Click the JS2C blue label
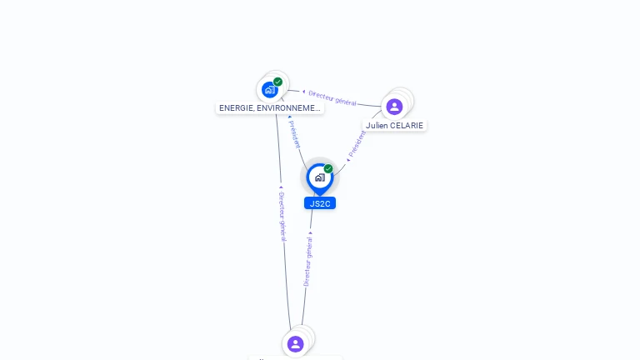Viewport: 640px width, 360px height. pyautogui.click(x=319, y=203)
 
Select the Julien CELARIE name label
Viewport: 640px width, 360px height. pyautogui.click(x=394, y=126)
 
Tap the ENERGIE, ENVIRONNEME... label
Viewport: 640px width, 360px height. pyautogui.click(x=269, y=108)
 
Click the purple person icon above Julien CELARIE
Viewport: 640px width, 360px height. pyautogui.click(x=394, y=106)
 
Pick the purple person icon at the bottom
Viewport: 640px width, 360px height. pyautogui.click(x=295, y=343)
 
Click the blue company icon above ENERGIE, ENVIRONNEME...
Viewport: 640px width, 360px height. pyautogui.click(x=269, y=89)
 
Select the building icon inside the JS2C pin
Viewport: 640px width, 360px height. pyautogui.click(x=319, y=177)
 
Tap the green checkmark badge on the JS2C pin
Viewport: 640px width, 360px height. pyautogui.click(x=328, y=169)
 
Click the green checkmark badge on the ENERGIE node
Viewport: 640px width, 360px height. pyautogui.click(x=277, y=82)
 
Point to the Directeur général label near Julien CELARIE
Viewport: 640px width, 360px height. pyautogui.click(x=332, y=97)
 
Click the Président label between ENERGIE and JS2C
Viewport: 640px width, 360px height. pyautogui.click(x=294, y=134)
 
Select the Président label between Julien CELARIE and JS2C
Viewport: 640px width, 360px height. pyautogui.click(x=357, y=144)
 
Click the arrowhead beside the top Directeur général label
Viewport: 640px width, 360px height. pyautogui.click(x=303, y=92)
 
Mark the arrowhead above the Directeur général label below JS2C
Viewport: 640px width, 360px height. pyautogui.click(x=311, y=233)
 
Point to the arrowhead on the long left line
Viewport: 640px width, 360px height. pyautogui.click(x=281, y=187)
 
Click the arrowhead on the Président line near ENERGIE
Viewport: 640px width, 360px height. pyautogui.click(x=289, y=117)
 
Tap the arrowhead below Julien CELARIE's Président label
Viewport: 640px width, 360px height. pyautogui.click(x=347, y=159)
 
